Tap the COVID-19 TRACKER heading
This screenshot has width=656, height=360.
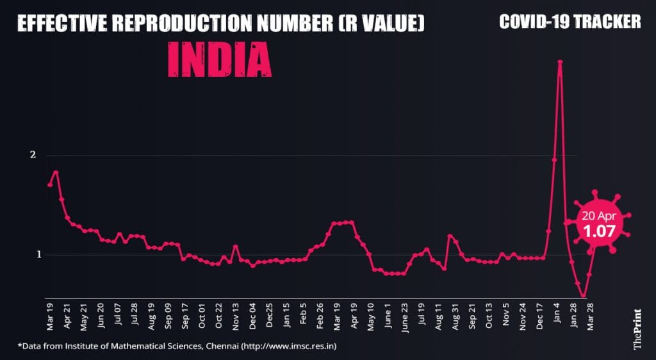coord(570,22)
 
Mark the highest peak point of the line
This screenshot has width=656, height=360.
coord(560,62)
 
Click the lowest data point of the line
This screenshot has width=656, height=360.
coord(583,297)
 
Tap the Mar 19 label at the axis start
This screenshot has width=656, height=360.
coord(50,316)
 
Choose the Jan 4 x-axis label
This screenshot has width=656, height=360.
coord(556,315)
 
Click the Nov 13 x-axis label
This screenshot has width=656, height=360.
coord(235,316)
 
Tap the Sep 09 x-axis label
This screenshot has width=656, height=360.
coord(168,316)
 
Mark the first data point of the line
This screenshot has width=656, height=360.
coord(50,184)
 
